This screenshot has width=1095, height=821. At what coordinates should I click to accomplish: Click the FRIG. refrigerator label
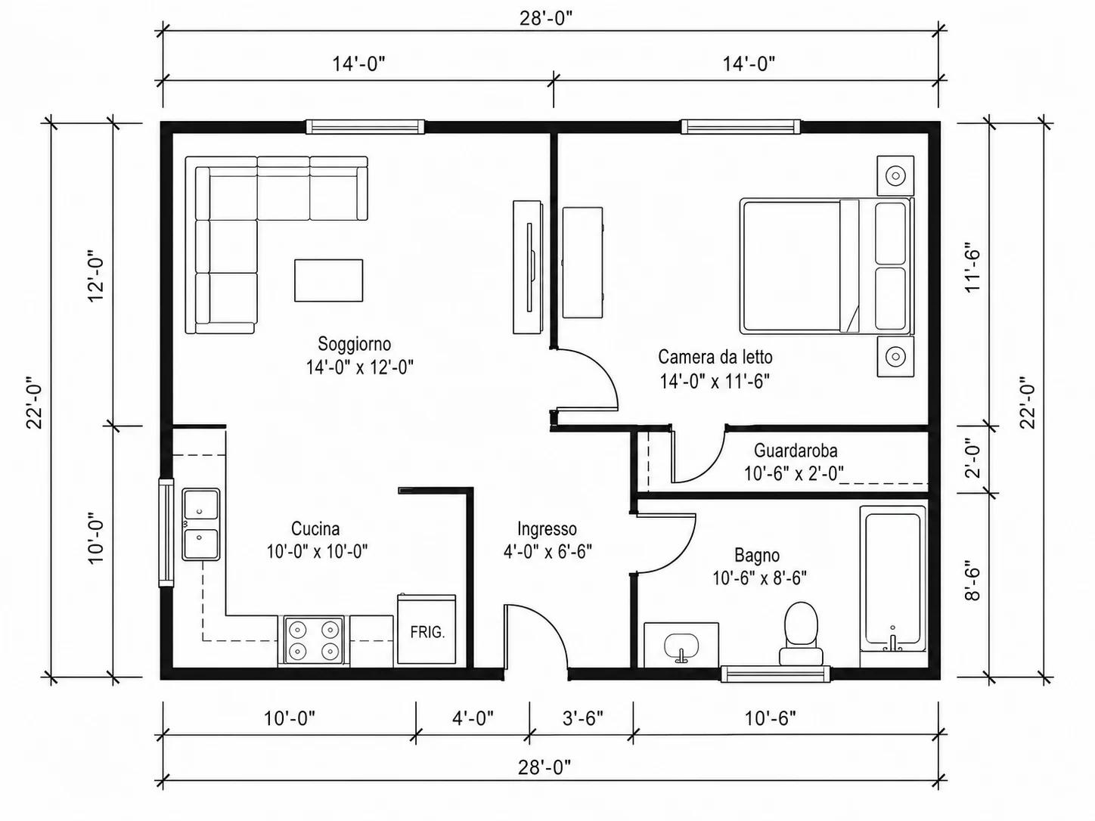click(x=427, y=633)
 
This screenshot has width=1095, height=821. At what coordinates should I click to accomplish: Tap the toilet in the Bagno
click(x=801, y=634)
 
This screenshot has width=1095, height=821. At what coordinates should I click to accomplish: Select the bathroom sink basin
click(x=681, y=646)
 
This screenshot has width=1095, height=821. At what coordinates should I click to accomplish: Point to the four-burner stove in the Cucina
click(x=314, y=640)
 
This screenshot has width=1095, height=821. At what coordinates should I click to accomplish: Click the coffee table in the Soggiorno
click(x=328, y=280)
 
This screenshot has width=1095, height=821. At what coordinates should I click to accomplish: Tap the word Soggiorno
click(x=354, y=344)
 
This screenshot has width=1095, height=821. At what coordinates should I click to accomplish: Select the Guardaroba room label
click(x=796, y=451)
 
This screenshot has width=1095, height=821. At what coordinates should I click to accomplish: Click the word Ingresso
click(x=547, y=529)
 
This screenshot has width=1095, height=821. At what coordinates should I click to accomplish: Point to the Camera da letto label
click(x=715, y=357)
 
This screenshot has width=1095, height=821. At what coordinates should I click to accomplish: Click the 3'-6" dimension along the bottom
click(x=583, y=718)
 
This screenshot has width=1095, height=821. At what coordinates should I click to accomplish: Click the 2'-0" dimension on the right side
click(x=972, y=459)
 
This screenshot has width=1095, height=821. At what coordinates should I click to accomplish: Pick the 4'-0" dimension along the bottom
click(x=473, y=718)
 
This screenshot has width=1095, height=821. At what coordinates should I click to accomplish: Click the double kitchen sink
click(x=200, y=525)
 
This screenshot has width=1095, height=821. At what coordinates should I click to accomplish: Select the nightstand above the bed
click(x=895, y=175)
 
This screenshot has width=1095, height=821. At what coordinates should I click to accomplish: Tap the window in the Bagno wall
click(x=776, y=674)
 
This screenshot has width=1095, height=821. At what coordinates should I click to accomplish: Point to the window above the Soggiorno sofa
click(x=365, y=126)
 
